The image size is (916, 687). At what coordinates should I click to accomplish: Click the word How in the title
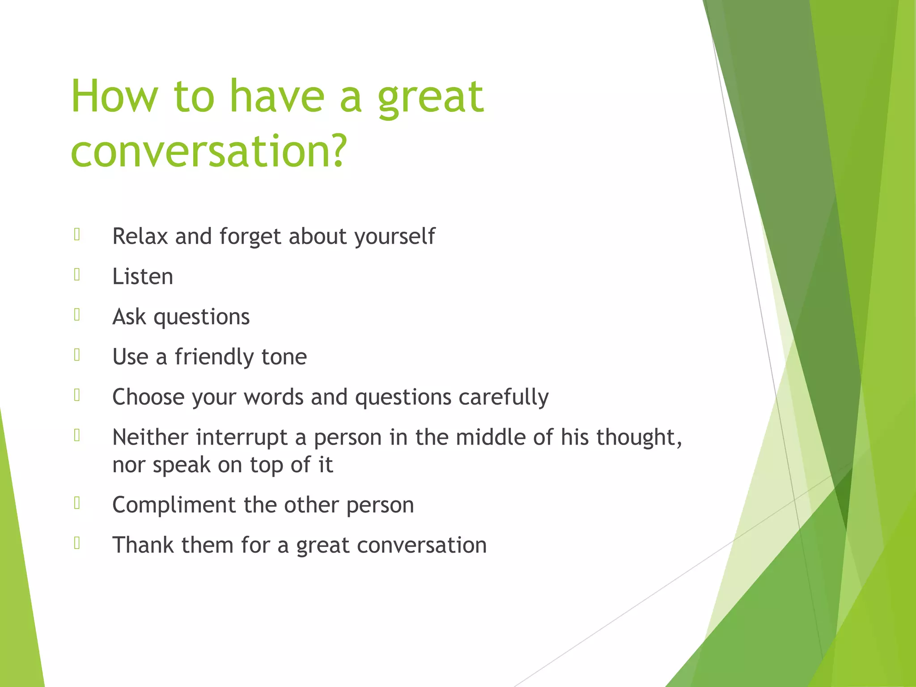[x=114, y=97]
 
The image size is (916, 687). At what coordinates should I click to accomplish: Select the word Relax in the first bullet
[x=140, y=236]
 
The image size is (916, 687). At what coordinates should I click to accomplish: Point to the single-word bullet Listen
[x=142, y=276]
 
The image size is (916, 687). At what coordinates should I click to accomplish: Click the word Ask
[x=129, y=317]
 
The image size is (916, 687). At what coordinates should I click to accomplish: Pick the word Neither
[x=150, y=437]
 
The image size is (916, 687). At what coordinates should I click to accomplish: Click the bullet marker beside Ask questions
[x=77, y=315]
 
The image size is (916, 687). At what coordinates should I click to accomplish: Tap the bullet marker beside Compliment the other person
[x=77, y=503]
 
